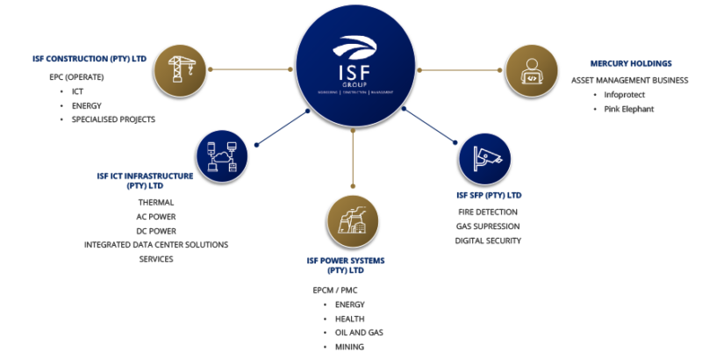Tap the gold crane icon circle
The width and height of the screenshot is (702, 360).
[x=174, y=68]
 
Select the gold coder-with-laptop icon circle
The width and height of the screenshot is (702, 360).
[x=533, y=68]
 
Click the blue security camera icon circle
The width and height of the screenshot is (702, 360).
[x=484, y=157]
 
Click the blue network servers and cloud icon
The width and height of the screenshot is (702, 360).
[x=222, y=156]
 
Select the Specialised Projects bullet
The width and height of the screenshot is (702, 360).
[x=113, y=119]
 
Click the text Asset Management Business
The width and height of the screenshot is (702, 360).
[x=629, y=79]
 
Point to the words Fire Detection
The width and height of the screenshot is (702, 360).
[x=488, y=212]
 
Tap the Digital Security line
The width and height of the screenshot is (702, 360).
[x=489, y=240]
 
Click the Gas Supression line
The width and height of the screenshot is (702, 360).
[x=489, y=227]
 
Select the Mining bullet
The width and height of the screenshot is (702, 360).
[x=349, y=347]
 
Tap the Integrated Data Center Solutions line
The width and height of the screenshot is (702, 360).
[x=156, y=244]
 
